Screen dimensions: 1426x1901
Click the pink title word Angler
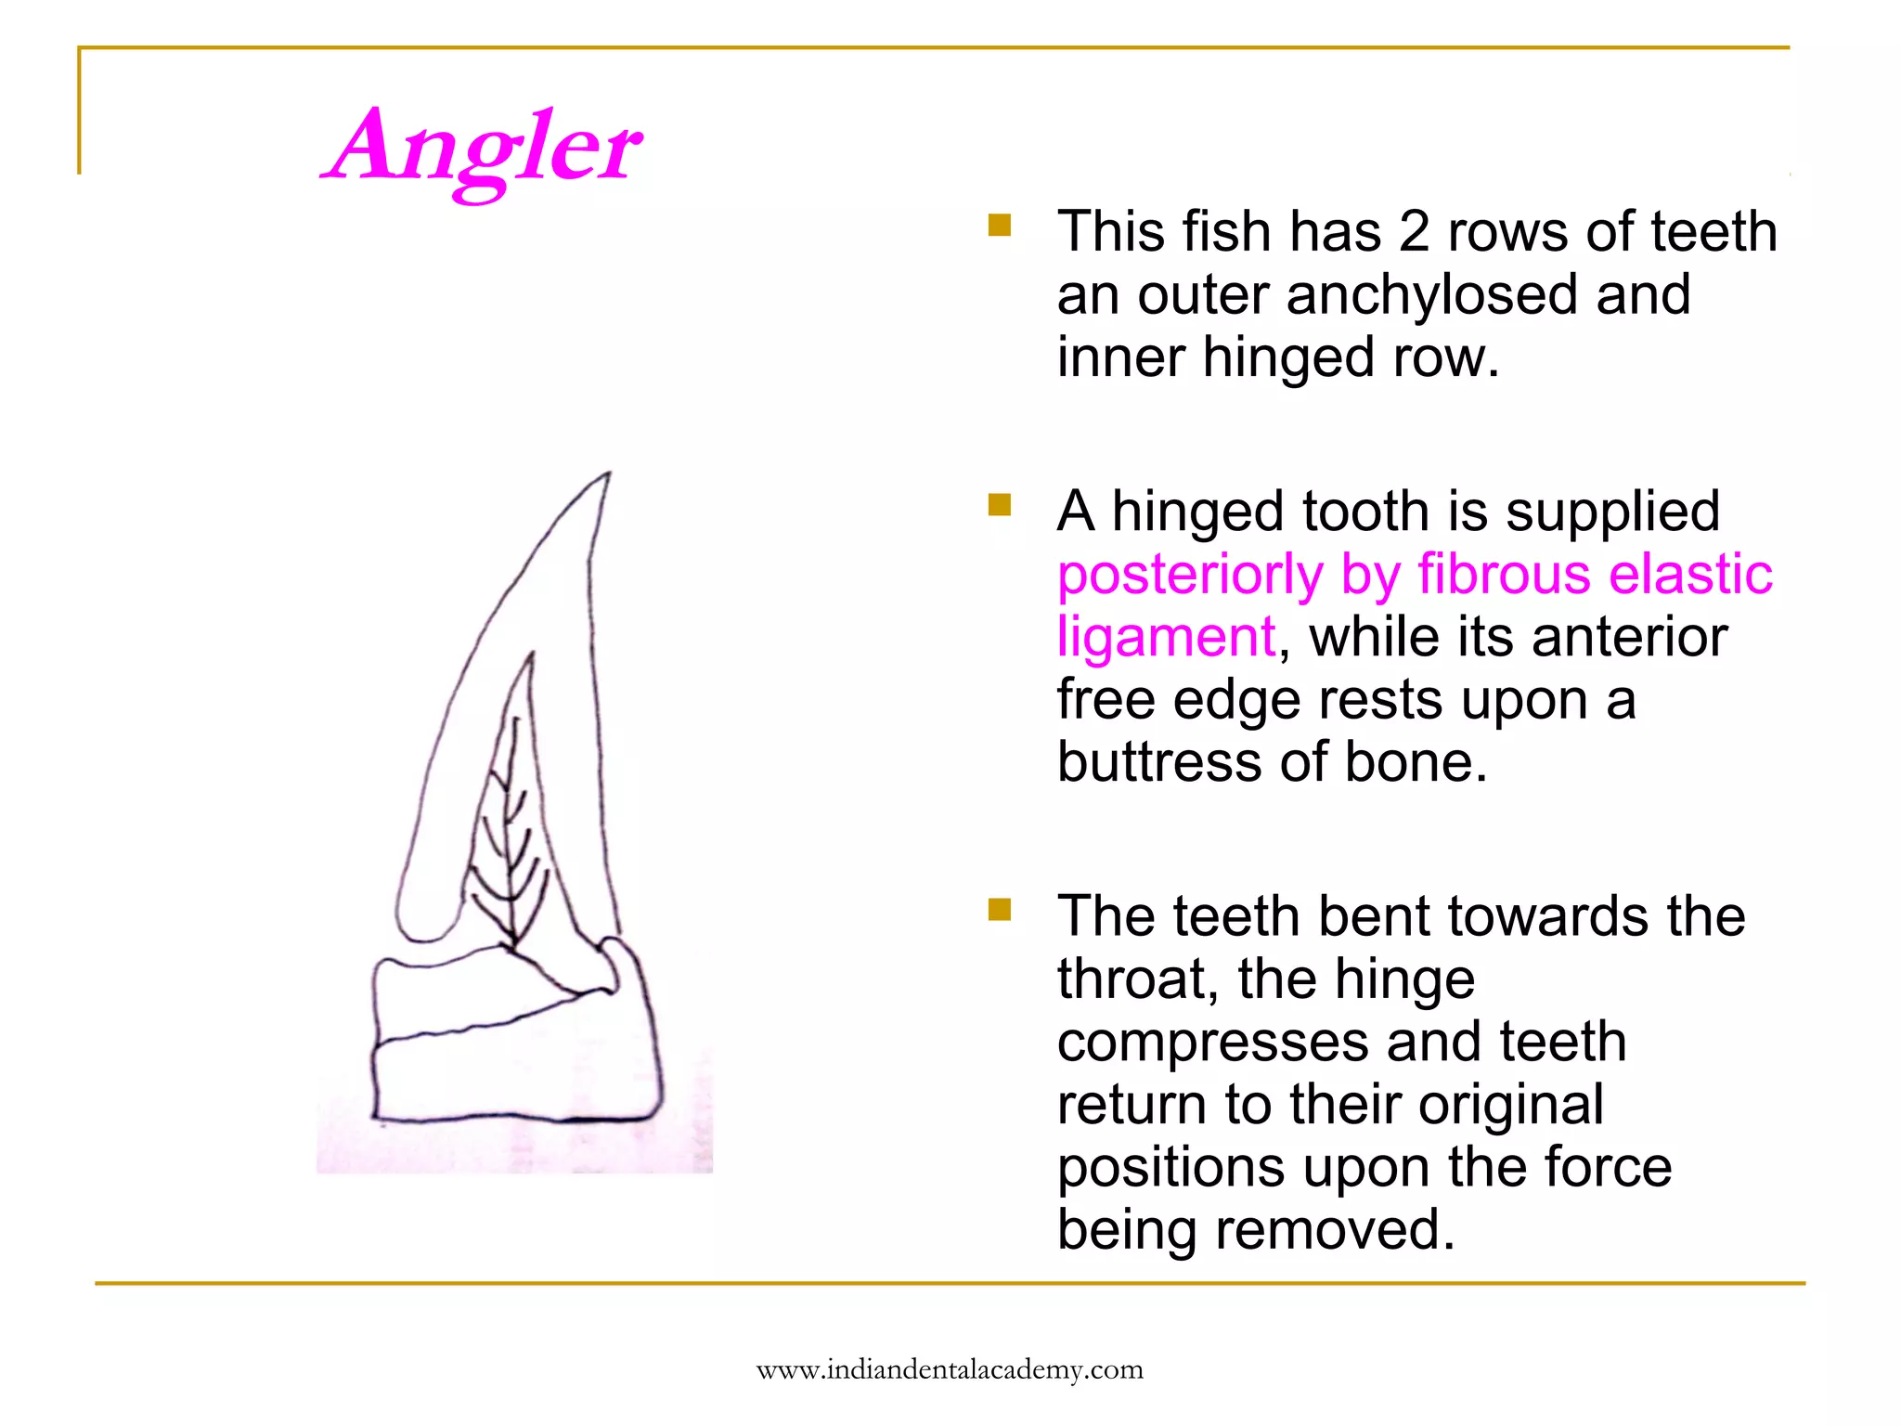pos(483,149)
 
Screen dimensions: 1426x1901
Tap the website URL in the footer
pos(950,1370)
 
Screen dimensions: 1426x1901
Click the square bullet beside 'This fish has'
pos(999,226)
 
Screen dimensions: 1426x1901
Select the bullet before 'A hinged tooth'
pos(999,505)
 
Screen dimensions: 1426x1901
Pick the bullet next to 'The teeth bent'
pos(999,909)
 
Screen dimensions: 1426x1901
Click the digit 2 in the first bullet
pos(1414,232)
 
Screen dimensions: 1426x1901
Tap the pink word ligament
pos(1166,638)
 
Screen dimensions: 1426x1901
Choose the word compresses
pos(1212,1044)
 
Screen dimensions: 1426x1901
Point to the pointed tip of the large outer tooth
pos(608,475)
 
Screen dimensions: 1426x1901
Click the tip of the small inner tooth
pos(531,655)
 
